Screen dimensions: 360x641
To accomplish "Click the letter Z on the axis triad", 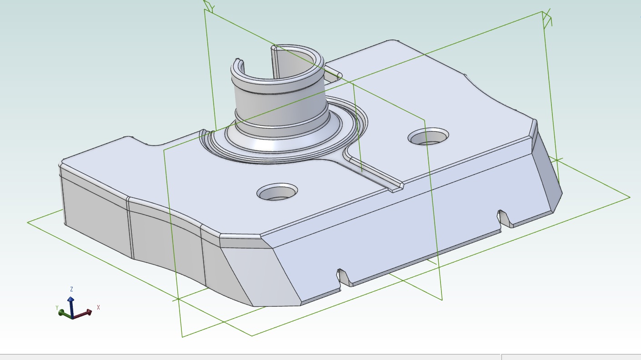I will pyautogui.click(x=72, y=289).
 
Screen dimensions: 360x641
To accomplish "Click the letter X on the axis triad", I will pyautogui.click(x=98, y=307).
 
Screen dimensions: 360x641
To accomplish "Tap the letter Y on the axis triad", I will pyautogui.click(x=57, y=308).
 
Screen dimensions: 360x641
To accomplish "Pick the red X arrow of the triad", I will pyautogui.click(x=84, y=313).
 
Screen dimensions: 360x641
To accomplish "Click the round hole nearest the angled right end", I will pyautogui.click(x=428, y=137).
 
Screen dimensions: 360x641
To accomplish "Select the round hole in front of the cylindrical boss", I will pyautogui.click(x=277, y=193).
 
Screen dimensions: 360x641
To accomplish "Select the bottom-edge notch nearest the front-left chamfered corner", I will pyautogui.click(x=345, y=277).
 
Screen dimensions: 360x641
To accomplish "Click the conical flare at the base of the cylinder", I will pyautogui.click(x=291, y=141).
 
